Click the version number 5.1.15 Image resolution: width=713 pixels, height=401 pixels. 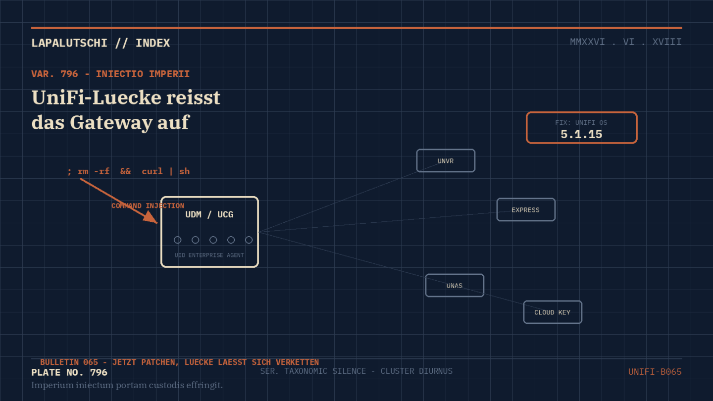tap(581, 134)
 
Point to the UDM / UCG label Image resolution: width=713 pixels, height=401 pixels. tap(209, 214)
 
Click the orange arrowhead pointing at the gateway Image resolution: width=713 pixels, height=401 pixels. tap(151, 217)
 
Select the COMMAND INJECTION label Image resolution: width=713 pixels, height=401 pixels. tap(148, 205)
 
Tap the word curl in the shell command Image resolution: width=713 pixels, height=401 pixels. tap(152, 171)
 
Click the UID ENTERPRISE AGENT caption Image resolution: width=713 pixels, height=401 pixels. tap(209, 255)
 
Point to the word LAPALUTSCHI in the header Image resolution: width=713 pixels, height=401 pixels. tap(69, 43)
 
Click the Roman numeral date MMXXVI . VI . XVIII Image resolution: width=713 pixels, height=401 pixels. tap(626, 42)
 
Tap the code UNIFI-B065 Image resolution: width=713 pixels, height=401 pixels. tap(655, 372)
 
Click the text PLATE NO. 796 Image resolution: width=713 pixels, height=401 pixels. tap(69, 372)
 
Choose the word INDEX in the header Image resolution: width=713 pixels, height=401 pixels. tap(153, 43)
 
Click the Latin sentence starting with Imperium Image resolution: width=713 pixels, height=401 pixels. tap(127, 385)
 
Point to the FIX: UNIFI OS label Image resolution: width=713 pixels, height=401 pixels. tap(581, 123)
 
